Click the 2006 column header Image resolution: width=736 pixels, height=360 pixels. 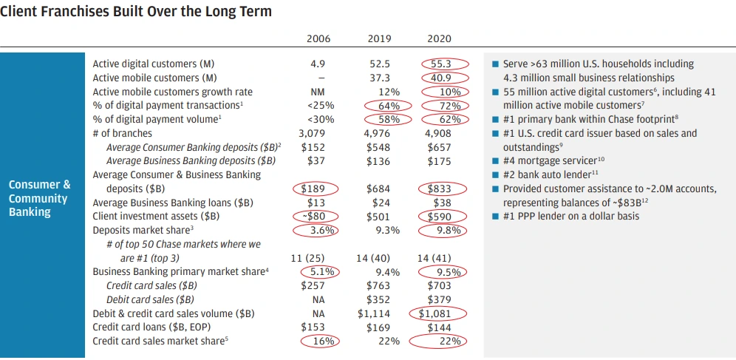tap(318, 38)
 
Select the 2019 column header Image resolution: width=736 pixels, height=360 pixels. tap(379, 38)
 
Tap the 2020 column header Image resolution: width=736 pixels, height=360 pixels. tap(439, 38)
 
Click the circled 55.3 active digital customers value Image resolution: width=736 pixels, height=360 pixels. tap(440, 64)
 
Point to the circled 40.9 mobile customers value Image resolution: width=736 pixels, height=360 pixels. tap(440, 78)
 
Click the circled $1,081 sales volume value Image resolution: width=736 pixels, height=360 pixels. tap(439, 313)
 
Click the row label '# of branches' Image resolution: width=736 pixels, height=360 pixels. tap(123, 134)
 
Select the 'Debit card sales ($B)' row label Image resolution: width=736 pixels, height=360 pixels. tap(150, 299)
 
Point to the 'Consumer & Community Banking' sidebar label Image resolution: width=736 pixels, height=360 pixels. tap(40, 198)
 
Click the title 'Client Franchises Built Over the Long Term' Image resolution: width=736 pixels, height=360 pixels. tap(137, 12)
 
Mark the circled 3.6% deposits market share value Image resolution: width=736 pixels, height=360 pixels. tap(318, 230)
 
